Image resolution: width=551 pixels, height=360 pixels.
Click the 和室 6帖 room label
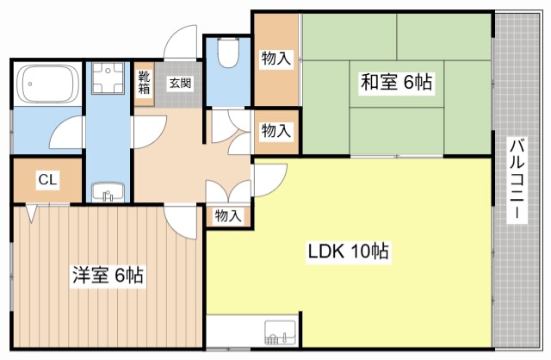click(x=396, y=84)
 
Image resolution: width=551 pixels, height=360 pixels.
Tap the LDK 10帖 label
click(x=348, y=252)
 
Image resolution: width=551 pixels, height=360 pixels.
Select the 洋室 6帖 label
click(x=108, y=276)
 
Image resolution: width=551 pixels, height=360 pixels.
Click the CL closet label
click(x=47, y=180)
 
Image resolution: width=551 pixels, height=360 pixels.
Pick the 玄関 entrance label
click(x=180, y=84)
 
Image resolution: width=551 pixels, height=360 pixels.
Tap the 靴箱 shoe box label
click(x=145, y=81)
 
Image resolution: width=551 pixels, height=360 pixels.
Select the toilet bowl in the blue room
click(x=228, y=55)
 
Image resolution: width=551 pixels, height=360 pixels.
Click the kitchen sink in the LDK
click(x=278, y=331)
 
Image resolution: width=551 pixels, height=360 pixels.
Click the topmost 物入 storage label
click(x=275, y=59)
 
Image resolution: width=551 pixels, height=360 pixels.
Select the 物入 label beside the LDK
click(x=228, y=216)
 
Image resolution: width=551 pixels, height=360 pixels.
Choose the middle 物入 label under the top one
click(x=275, y=131)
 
